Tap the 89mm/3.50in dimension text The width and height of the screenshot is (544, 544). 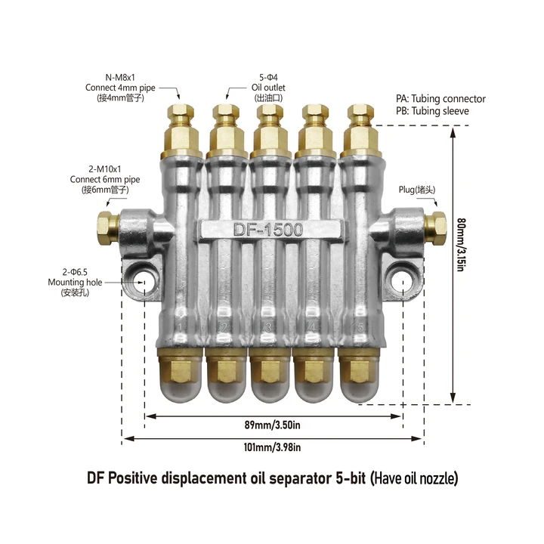272,425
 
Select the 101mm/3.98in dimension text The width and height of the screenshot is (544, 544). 272,447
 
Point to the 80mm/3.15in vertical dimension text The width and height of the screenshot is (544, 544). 461,245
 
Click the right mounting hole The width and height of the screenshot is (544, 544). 403,281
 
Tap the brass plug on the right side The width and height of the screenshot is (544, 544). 436,228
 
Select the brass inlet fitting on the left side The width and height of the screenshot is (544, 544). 108,228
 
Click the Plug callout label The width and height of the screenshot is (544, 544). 416,190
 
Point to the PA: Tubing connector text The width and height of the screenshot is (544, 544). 440,99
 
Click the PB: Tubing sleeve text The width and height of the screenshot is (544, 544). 432,111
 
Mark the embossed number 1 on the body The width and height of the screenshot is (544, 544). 180,327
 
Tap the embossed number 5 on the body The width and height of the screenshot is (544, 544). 360,327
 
